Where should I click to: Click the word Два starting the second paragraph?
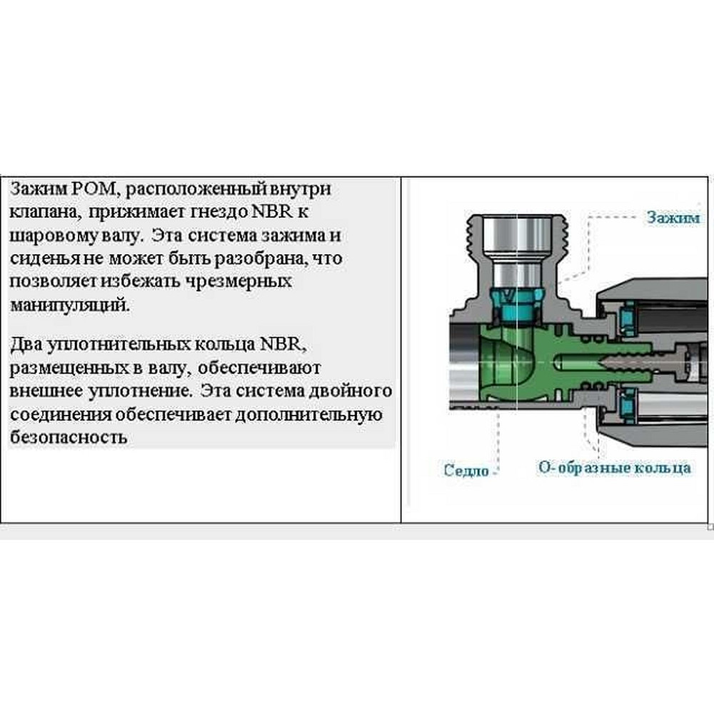26,345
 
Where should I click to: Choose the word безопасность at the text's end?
69,437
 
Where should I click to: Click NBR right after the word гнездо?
271,213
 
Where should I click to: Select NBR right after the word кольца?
281,345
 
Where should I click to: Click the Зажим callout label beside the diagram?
673,217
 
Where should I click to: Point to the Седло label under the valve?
466,470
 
